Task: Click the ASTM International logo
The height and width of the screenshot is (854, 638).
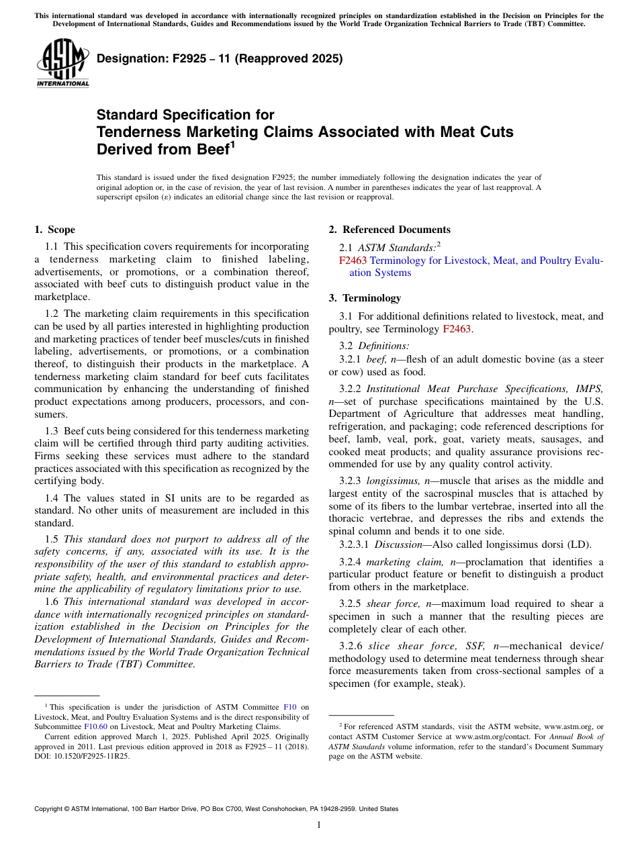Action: coord(62,63)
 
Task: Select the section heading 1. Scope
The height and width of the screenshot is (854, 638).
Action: coord(54,230)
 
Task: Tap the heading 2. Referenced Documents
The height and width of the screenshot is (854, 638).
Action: coord(390,230)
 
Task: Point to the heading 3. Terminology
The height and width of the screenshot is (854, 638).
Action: coord(365,297)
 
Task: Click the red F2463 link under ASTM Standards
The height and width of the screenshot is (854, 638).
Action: coord(353,260)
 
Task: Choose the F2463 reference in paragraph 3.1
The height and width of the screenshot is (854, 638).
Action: coord(457,329)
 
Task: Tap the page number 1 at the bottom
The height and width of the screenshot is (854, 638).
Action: coord(319,825)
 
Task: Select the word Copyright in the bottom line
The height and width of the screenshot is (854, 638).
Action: coord(51,809)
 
